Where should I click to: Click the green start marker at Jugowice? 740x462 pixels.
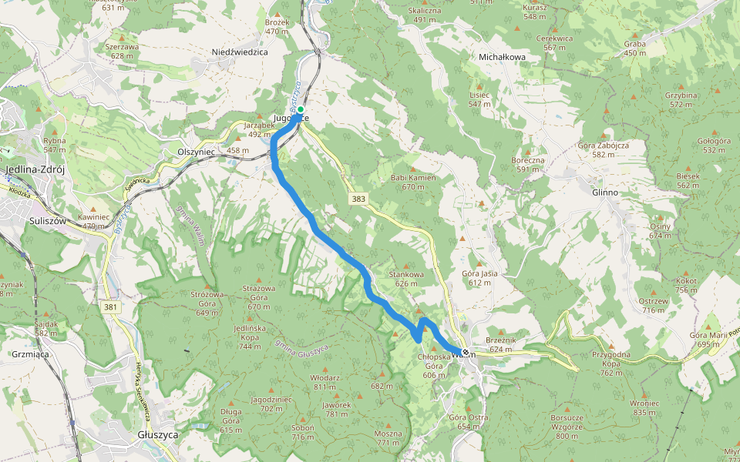point(300,109)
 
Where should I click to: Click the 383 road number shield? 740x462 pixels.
point(358,199)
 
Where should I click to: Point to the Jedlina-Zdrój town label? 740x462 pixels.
point(37,170)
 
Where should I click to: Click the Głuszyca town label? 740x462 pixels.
point(157,434)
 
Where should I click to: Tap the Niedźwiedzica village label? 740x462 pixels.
point(239,52)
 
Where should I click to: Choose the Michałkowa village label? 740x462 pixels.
point(502,57)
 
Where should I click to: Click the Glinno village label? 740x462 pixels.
point(606,191)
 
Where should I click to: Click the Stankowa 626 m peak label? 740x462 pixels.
point(407,278)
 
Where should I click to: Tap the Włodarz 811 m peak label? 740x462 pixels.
point(325,382)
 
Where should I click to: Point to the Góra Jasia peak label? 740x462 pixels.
point(479,278)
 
